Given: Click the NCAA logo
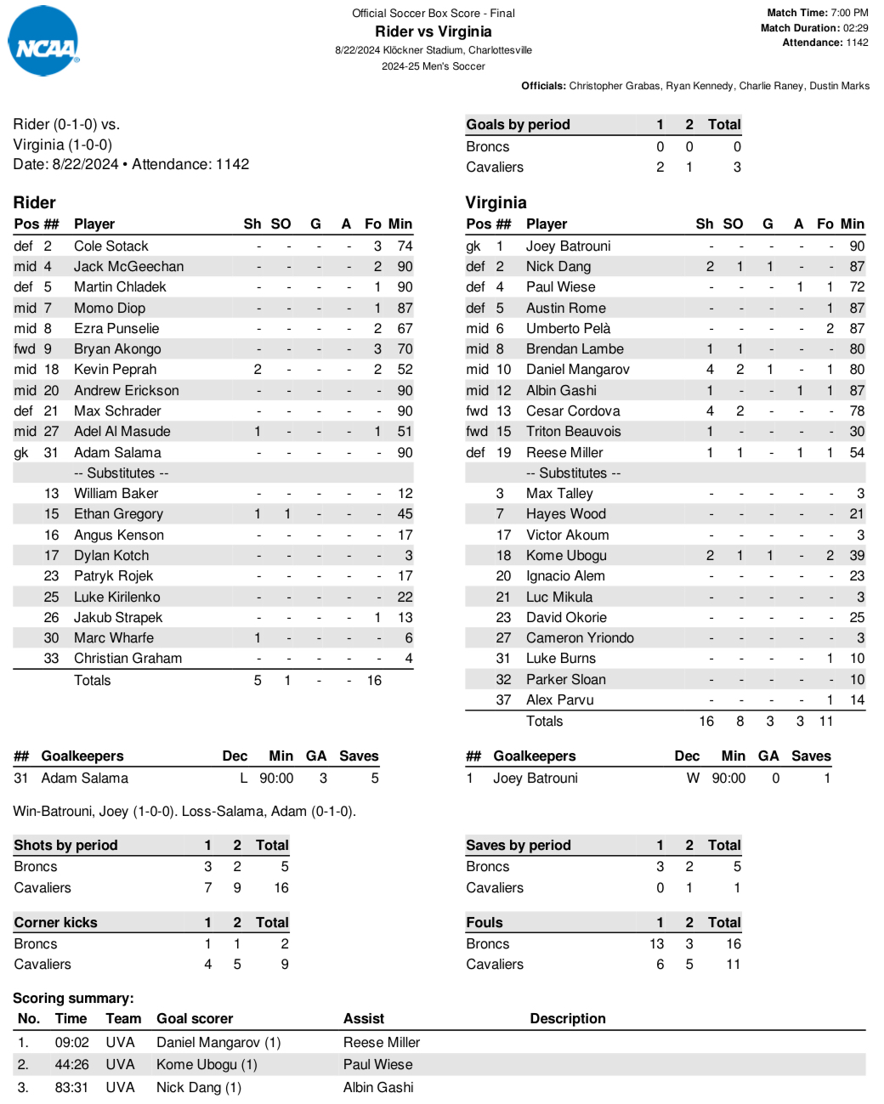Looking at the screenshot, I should (43, 42).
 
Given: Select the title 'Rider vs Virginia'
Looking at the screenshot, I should (433, 31).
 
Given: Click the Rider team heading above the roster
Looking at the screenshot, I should (35, 202).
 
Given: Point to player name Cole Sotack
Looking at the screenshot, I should (110, 246).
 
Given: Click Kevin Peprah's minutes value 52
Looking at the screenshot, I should (405, 369).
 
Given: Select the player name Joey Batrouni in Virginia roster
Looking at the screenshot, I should (568, 246).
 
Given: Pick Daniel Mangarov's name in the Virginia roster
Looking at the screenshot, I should (577, 369).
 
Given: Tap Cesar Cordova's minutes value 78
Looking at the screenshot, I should (857, 410).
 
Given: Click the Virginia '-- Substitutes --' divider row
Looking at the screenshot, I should (573, 473).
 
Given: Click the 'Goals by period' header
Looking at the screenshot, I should (518, 124).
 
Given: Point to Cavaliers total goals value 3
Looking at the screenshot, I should (737, 167).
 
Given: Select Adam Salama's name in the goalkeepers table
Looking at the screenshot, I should (84, 778).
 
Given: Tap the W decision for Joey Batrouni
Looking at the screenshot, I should (693, 778).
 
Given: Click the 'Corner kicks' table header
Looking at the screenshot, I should (55, 922).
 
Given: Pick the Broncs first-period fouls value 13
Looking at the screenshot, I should (656, 943).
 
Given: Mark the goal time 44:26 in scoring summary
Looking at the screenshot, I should (71, 1064).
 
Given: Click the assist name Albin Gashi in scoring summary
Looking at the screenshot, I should (378, 1087).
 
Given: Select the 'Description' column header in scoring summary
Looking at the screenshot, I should (568, 1018).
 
